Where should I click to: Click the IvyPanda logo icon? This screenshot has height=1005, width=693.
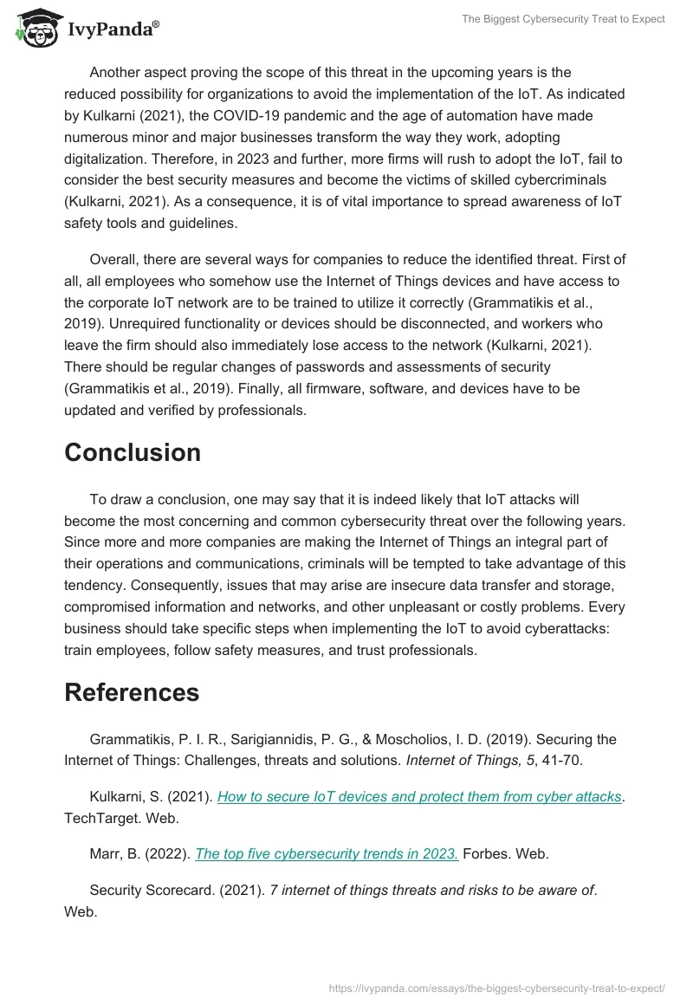(34, 29)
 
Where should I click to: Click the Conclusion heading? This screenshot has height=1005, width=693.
(133, 452)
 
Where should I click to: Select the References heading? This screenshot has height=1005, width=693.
(132, 692)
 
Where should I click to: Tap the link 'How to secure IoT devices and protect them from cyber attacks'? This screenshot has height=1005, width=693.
(419, 796)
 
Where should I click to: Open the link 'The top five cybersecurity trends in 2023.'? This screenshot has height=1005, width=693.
(327, 853)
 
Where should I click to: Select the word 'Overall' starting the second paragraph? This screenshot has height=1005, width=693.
(113, 260)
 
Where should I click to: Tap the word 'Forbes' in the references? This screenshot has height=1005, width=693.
(489, 853)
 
